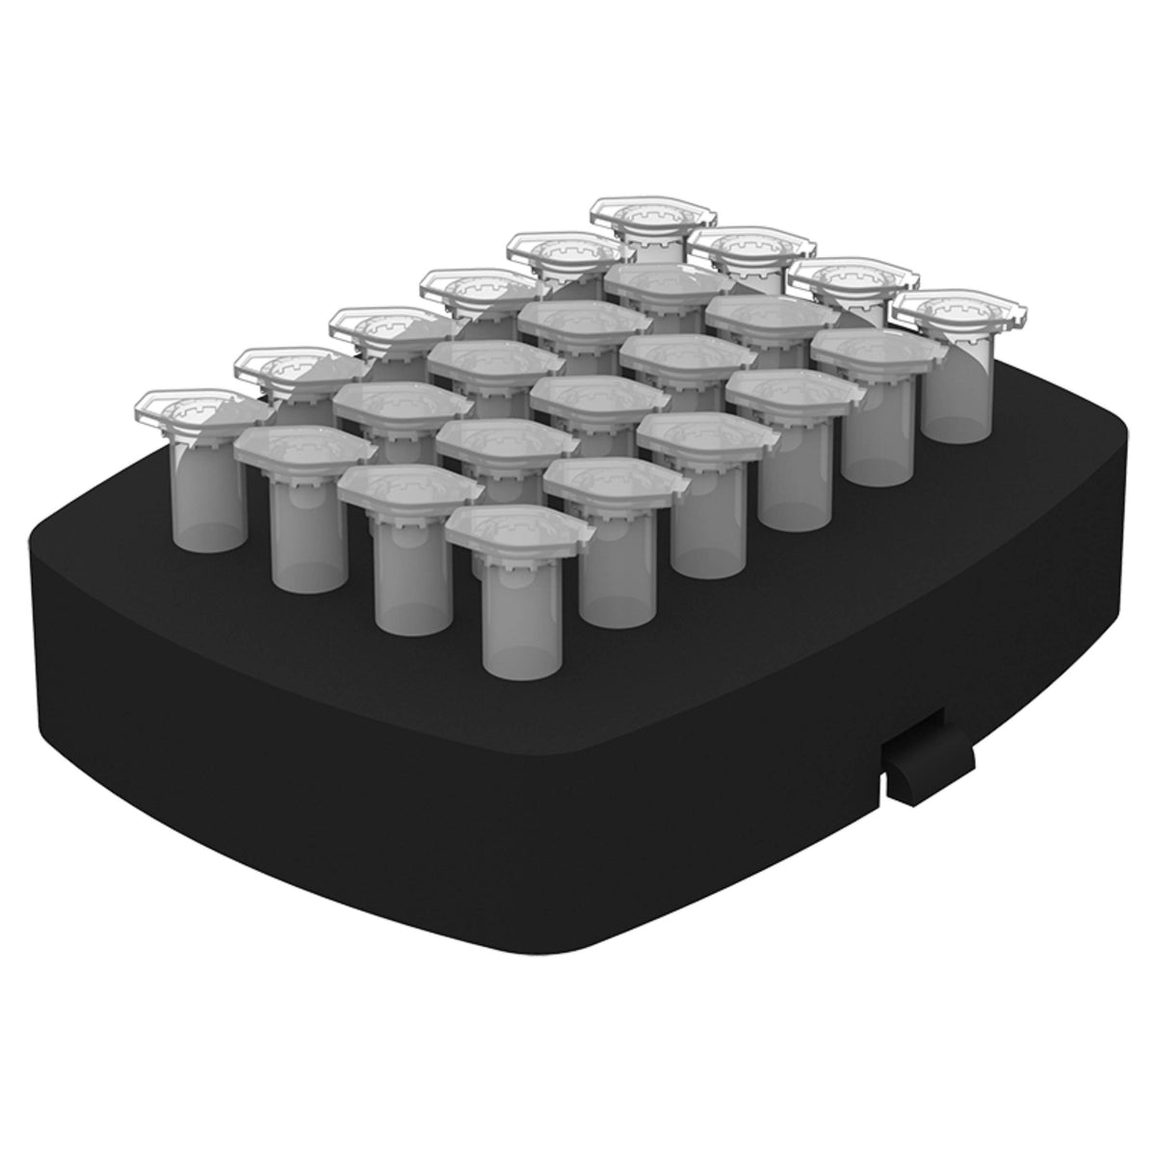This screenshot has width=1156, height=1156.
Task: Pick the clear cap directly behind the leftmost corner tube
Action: click(x=289, y=371)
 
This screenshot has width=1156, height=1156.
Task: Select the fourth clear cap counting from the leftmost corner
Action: click(x=472, y=289)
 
